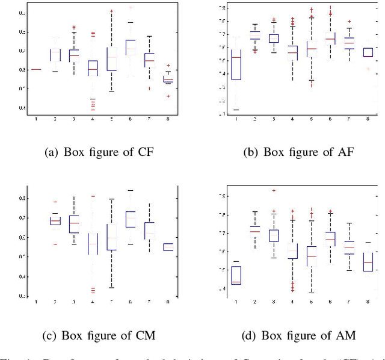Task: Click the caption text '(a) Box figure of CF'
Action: pos(99,152)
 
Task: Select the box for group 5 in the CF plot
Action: pos(112,58)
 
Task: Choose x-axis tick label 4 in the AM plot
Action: pos(292,300)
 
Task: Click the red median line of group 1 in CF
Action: pos(36,69)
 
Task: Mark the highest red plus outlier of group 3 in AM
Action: pos(274,191)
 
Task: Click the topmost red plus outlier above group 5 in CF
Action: pos(111,11)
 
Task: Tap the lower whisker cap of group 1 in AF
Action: pos(236,110)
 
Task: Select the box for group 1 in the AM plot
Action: pos(236,275)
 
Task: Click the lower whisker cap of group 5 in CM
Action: pos(112,288)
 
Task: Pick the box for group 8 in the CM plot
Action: pos(168,247)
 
